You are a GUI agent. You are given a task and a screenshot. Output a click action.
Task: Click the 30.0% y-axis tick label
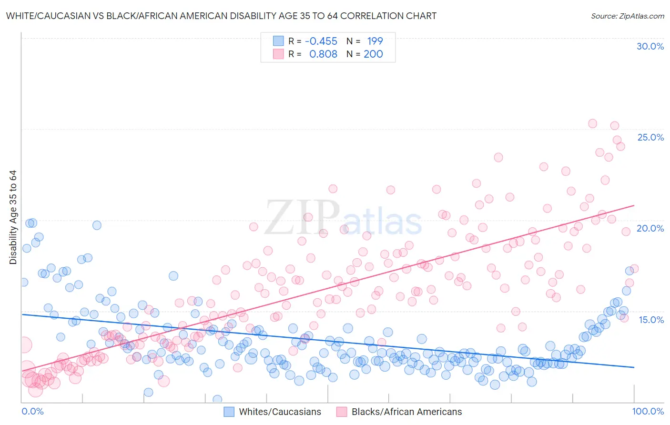coord(650,46)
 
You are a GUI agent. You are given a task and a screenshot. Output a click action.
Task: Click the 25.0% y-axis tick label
coord(650,137)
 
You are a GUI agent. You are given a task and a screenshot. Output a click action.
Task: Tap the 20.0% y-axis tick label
coord(650,228)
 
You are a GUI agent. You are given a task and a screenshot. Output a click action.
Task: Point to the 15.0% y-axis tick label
coord(651,319)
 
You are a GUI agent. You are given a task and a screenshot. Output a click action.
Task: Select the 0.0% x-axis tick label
coord(32,411)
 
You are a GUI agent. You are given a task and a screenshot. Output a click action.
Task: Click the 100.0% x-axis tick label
coord(648,411)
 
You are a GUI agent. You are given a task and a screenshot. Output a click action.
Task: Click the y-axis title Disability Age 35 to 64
coord(13,217)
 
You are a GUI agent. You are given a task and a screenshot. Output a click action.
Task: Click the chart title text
coord(221,16)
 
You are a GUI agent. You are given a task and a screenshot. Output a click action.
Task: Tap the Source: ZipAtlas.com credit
coord(627,16)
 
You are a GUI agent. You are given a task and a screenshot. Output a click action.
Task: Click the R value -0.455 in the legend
coord(321,41)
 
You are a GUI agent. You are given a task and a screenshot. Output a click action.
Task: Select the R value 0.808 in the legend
coord(323,54)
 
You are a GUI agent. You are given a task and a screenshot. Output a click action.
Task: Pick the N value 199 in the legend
coord(375,41)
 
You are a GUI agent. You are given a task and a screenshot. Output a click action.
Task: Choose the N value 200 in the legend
coord(373,54)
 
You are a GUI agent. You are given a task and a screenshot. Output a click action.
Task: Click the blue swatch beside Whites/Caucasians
coord(229,412)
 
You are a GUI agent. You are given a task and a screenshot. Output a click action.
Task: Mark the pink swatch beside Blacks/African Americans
coord(342,412)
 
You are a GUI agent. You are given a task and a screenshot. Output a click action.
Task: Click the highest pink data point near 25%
coord(592,123)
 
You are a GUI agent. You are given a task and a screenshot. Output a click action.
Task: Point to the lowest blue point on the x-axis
coord(217,399)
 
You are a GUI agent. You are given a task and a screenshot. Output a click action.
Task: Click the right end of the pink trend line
coord(634,205)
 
